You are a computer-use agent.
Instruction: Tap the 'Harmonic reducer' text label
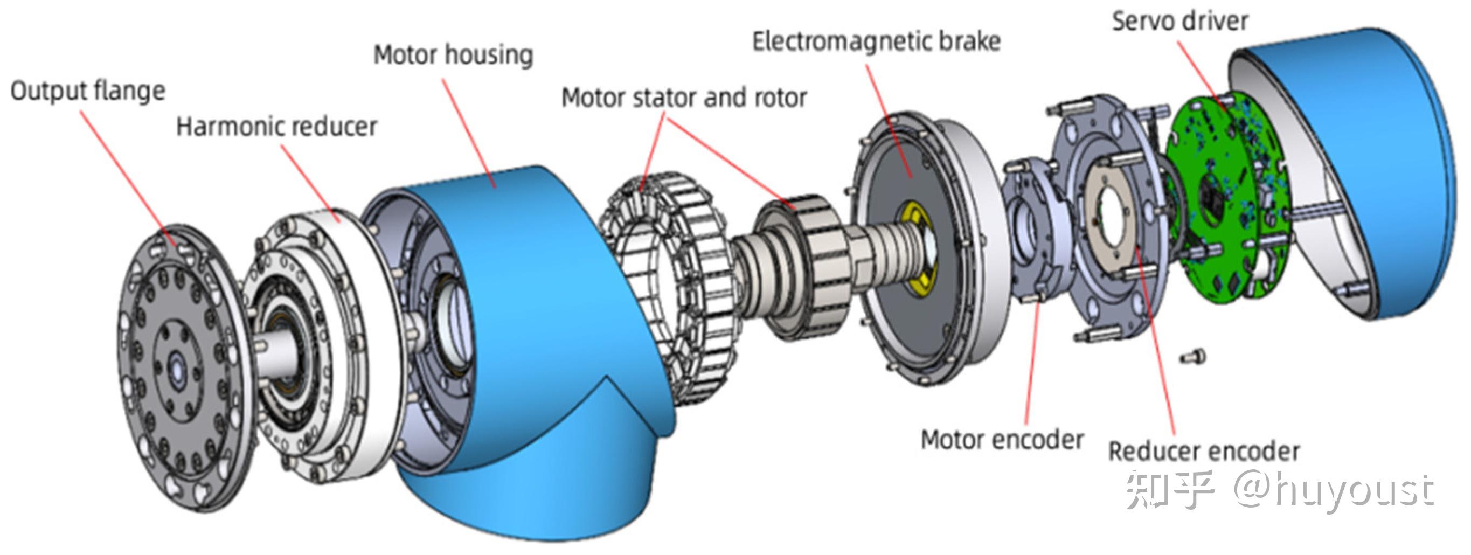click(x=277, y=127)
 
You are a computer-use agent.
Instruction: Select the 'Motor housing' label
click(x=453, y=55)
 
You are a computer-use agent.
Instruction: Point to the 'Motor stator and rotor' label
click(x=684, y=98)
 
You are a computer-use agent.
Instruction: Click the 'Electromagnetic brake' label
click(x=877, y=41)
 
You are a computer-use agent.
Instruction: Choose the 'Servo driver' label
click(x=1180, y=21)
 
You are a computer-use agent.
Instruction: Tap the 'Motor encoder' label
click(x=1002, y=440)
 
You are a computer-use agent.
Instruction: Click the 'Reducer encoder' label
click(x=1204, y=452)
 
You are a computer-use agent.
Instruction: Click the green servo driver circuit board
click(x=1228, y=197)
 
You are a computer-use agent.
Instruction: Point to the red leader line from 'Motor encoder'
click(x=1032, y=363)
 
